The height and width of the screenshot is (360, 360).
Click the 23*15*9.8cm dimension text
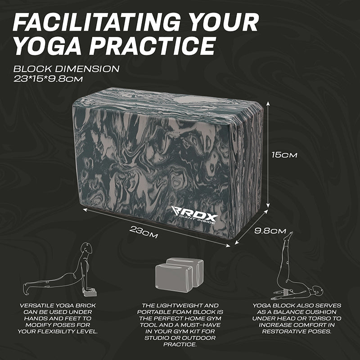click(x=48, y=79)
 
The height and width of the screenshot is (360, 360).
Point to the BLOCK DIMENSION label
click(x=66, y=69)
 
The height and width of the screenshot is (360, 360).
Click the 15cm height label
click(x=284, y=155)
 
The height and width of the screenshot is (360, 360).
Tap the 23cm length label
click(x=144, y=232)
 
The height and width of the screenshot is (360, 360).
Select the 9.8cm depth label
click(x=270, y=231)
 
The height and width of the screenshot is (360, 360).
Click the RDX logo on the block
click(x=194, y=215)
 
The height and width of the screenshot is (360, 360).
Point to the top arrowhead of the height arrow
click(x=268, y=104)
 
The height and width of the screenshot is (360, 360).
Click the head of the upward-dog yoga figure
click(x=87, y=247)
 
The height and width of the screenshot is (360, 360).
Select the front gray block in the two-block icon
click(x=174, y=278)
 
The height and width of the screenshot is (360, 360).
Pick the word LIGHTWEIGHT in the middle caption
click(x=180, y=306)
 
